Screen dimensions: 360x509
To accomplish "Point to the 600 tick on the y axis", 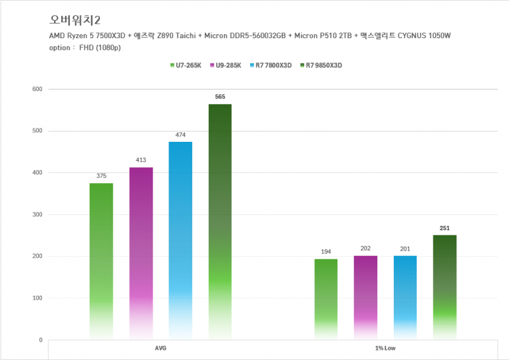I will [36, 89].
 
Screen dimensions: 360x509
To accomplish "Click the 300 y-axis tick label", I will [36, 214].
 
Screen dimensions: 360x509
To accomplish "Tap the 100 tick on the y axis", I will [36, 298].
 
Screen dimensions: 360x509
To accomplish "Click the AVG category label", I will [160, 349].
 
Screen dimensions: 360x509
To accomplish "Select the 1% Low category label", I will [385, 349].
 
